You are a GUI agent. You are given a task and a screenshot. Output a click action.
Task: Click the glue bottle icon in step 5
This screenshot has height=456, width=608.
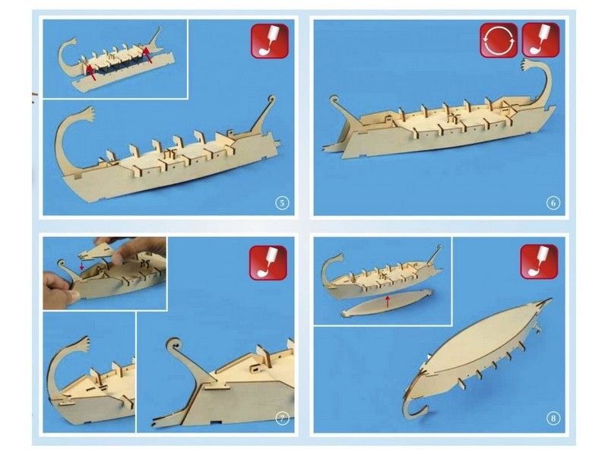269,40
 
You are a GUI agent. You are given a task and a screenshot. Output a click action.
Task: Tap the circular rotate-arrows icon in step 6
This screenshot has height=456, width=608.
498,40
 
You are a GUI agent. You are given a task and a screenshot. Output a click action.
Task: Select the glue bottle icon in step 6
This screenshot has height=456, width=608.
540,40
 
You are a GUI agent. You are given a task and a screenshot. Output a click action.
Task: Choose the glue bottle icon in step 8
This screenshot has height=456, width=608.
539,261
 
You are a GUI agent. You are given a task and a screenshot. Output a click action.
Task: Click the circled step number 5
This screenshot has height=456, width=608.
282,203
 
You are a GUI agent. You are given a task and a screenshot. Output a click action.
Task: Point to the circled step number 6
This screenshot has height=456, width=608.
553,203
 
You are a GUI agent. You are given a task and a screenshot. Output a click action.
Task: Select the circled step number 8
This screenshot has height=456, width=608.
553,419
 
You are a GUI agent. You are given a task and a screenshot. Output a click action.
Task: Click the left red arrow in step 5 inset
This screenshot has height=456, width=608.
90,71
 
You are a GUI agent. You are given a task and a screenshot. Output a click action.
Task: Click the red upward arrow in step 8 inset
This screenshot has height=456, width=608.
388,301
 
